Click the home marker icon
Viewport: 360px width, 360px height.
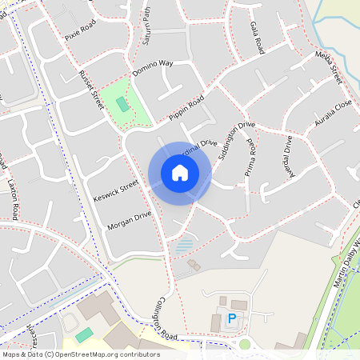(x=180, y=173)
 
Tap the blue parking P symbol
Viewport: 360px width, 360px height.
(x=232, y=319)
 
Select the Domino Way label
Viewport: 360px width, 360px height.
(x=153, y=67)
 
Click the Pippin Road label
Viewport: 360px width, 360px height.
(x=186, y=109)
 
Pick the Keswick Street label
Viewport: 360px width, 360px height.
(x=117, y=193)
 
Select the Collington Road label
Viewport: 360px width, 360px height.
(x=158, y=324)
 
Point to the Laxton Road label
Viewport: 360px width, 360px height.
(x=13, y=200)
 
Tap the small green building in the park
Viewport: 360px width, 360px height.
(x=122, y=104)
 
